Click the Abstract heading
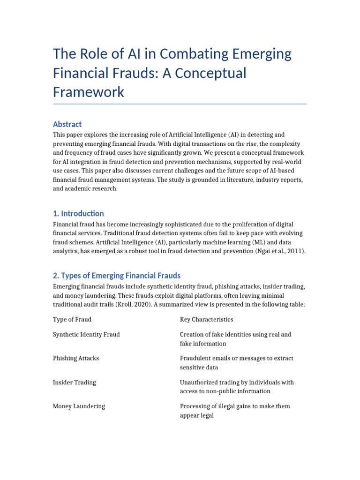point(67,124)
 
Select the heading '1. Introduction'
point(78,213)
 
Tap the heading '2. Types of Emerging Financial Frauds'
point(117,275)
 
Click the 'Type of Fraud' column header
point(72,319)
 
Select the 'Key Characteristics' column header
point(206,319)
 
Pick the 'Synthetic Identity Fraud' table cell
point(86,334)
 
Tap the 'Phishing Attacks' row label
point(75,358)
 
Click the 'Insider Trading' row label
point(74,382)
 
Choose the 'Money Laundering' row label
point(79,406)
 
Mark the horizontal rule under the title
point(180,104)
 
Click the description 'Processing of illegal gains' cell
point(235,411)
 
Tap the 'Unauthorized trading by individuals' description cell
point(237,387)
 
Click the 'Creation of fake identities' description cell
point(235,339)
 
